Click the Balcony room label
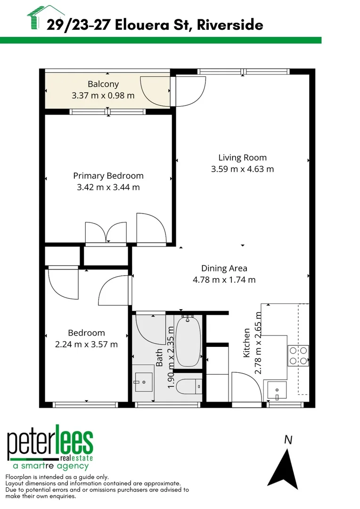(103, 84)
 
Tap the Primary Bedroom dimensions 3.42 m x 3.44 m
(108, 187)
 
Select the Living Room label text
(242, 158)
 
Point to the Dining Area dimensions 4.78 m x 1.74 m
(224, 279)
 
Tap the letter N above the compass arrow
(288, 440)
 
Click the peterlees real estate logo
(50, 445)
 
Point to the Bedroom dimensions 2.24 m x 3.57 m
(86, 344)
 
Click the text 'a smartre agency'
(50, 466)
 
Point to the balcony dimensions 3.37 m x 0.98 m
(103, 96)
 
